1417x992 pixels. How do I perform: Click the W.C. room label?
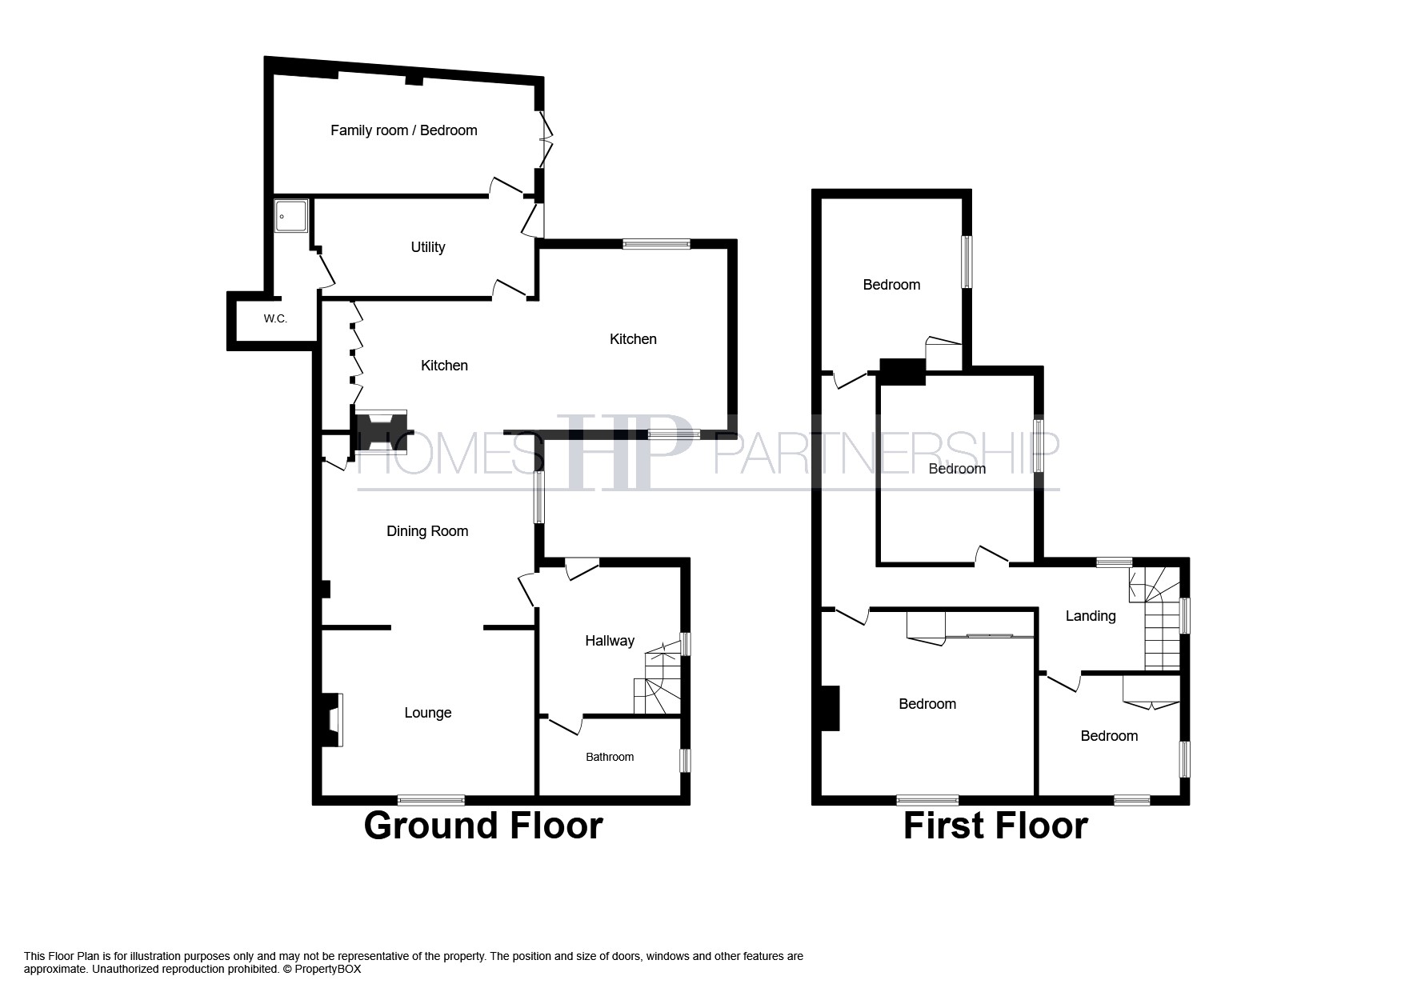(x=275, y=319)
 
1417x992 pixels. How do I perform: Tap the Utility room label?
(x=427, y=247)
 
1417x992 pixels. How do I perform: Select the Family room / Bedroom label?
(x=403, y=130)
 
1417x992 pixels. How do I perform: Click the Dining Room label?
(x=426, y=531)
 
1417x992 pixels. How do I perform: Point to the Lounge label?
(x=427, y=713)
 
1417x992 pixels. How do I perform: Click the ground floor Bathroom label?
(x=609, y=757)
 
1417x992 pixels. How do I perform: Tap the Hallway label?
(x=609, y=641)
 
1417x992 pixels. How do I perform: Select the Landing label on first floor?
(x=1090, y=616)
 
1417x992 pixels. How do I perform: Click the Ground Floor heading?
(x=482, y=826)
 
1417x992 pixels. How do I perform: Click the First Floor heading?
(x=995, y=826)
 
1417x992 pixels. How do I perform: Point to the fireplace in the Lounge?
(x=332, y=719)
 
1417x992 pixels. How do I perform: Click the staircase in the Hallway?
(x=658, y=685)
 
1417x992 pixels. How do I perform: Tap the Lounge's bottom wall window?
(x=431, y=799)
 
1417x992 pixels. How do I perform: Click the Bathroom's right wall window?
(x=685, y=760)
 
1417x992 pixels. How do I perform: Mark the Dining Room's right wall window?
(x=539, y=497)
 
